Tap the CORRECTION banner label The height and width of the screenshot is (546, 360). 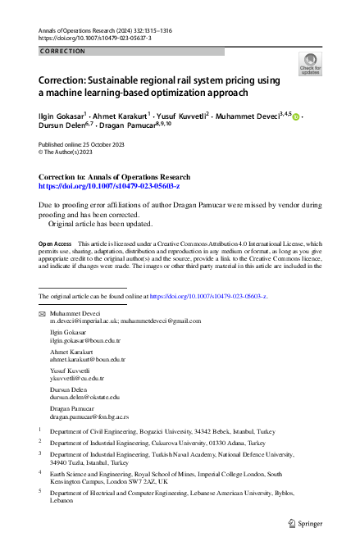tap(62, 51)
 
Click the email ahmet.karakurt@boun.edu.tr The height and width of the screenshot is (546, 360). tap(88, 359)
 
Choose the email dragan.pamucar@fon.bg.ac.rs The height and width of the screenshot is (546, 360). tap(89, 416)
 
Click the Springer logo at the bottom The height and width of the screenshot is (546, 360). tap(306, 522)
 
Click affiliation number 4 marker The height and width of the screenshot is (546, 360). tap(41, 473)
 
